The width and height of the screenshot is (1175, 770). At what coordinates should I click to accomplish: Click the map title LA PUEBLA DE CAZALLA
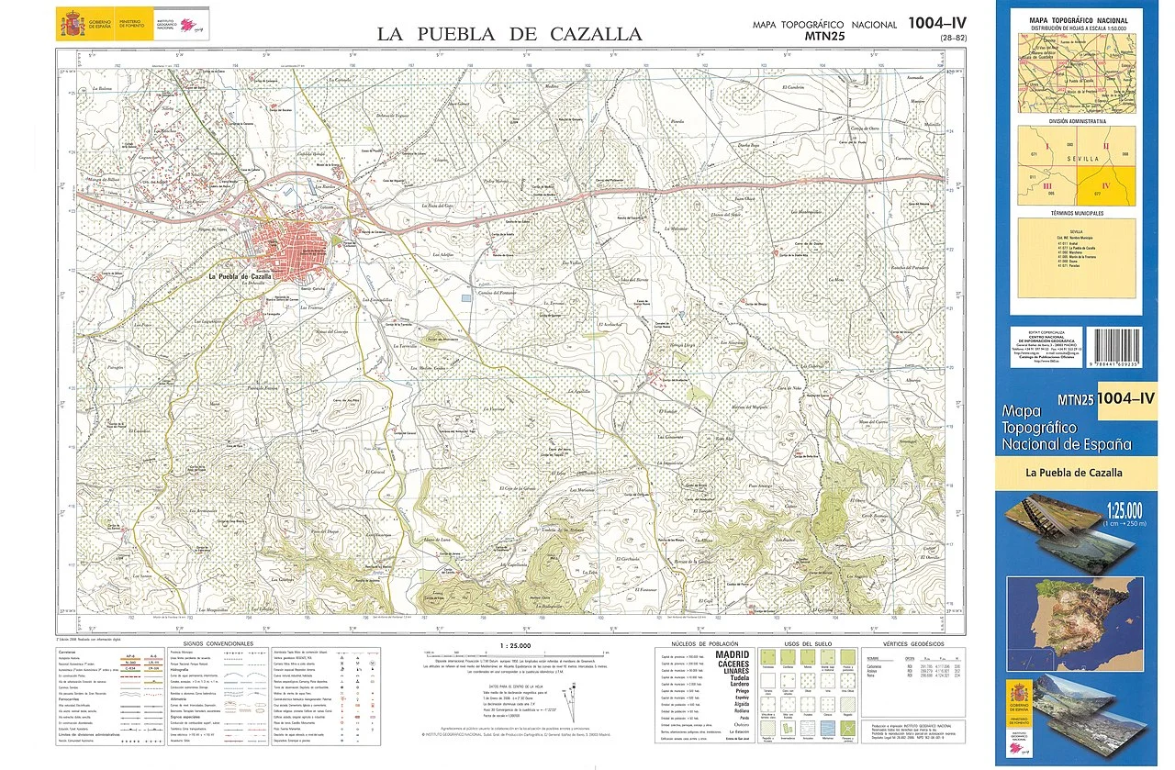click(509, 35)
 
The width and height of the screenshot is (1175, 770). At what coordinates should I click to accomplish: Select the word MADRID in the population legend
click(733, 655)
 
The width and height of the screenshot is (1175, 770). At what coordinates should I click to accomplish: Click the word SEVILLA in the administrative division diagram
click(1076, 157)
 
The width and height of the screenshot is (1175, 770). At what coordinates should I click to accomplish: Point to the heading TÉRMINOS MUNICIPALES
click(1078, 213)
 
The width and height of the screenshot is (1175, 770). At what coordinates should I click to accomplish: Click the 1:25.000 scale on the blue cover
click(1123, 508)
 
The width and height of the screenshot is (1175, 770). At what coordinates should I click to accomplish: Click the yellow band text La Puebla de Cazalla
click(1074, 474)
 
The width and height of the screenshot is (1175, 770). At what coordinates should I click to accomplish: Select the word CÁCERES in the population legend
click(733, 664)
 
